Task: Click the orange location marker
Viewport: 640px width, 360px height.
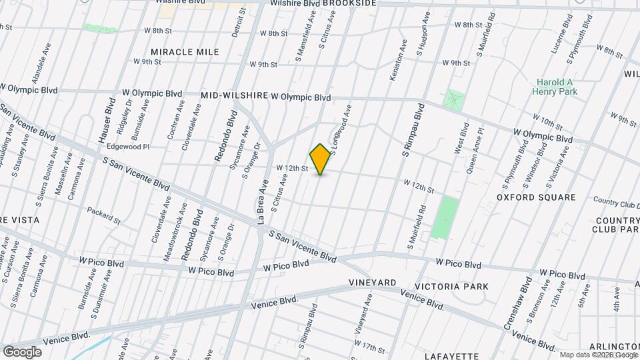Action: [321, 159]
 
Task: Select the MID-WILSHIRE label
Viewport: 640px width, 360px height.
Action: [234, 96]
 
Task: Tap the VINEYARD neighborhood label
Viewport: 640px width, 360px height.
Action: [373, 283]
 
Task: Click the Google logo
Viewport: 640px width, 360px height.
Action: [22, 351]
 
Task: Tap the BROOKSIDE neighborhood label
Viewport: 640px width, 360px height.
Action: [351, 3]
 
